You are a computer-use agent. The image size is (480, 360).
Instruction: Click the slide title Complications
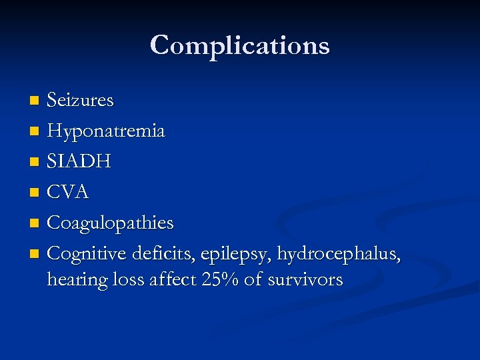click(240, 45)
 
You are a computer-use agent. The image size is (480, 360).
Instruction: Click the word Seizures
click(80, 101)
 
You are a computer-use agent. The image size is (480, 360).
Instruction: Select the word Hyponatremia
click(106, 131)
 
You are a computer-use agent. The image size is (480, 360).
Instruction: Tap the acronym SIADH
click(79, 162)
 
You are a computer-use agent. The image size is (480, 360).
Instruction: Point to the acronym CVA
click(68, 193)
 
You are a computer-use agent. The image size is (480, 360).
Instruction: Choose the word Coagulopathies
click(111, 223)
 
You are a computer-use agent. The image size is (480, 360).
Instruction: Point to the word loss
click(129, 279)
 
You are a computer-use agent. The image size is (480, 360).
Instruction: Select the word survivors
click(305, 280)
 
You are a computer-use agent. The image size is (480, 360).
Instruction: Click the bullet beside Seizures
click(35, 101)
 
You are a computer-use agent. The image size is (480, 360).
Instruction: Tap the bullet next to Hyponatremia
click(35, 132)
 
